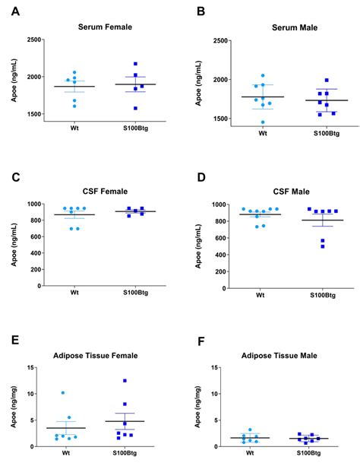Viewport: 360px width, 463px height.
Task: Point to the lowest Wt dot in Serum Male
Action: point(242,122)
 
